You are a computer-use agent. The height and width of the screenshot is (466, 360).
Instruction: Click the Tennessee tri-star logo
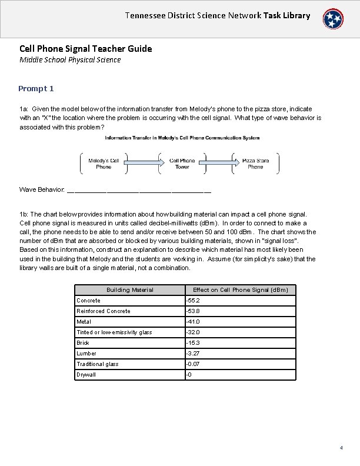[335, 19]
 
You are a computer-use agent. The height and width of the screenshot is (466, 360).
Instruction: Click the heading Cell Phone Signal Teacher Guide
[85, 49]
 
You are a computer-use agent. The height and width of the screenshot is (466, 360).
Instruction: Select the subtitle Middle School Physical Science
[70, 59]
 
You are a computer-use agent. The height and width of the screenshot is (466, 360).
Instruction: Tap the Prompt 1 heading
[36, 88]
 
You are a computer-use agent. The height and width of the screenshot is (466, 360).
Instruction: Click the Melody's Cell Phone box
[104, 164]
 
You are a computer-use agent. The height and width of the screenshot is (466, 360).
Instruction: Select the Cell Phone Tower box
[182, 164]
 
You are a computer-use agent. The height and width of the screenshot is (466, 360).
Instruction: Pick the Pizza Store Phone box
[255, 164]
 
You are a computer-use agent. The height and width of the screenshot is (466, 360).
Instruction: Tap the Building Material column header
[129, 289]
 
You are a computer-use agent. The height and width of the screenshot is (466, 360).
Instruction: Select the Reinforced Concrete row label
[104, 311]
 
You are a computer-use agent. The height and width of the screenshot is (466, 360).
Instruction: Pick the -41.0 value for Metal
[193, 321]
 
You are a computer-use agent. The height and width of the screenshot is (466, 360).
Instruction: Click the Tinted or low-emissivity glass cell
[114, 332]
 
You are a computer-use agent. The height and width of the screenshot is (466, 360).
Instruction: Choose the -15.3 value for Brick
[192, 342]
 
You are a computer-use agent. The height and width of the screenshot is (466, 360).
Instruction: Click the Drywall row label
[86, 374]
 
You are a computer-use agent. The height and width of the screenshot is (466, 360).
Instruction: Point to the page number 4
[341, 448]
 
